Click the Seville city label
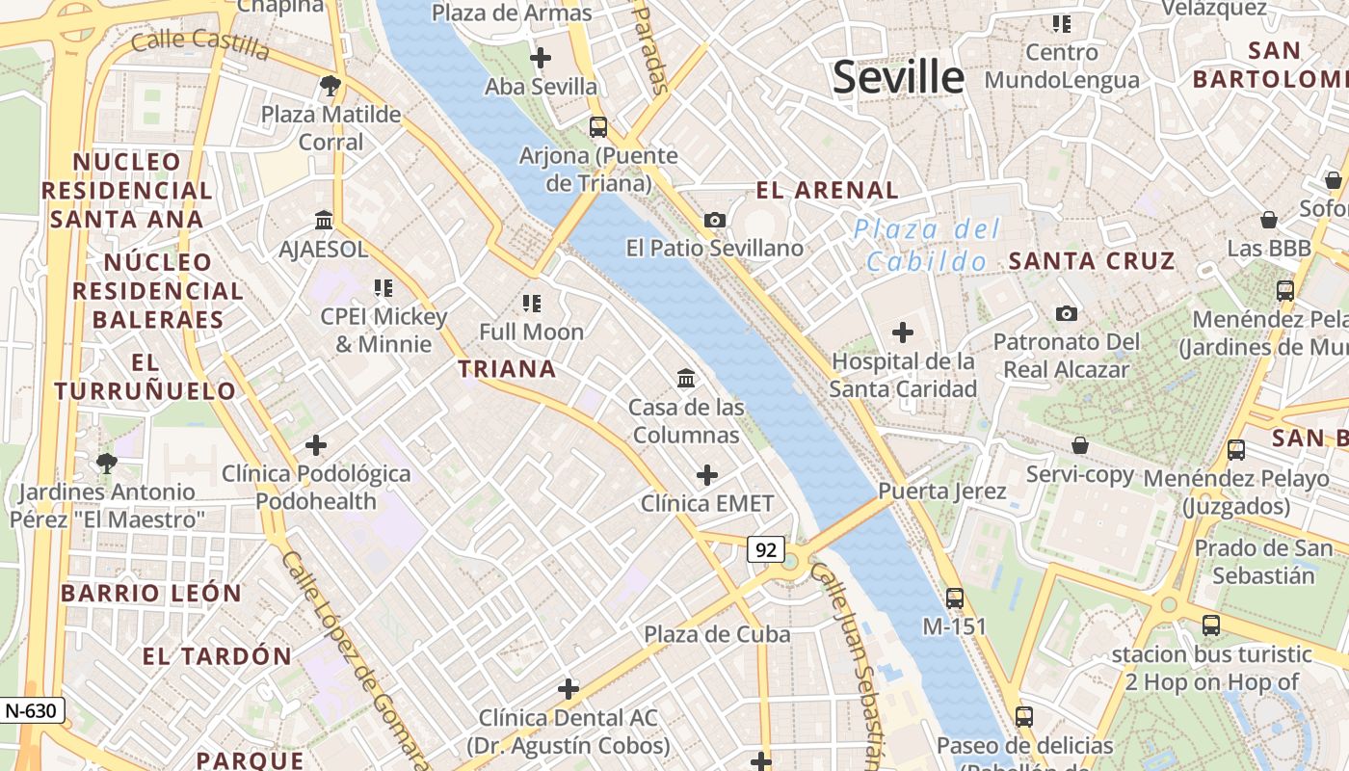[898, 77]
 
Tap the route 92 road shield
[765, 550]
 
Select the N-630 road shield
[33, 711]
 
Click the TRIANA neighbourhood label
[507, 368]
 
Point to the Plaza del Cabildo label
[926, 245]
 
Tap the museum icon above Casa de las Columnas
[686, 378]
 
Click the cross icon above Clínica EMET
[707, 474]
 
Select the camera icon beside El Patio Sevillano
[714, 220]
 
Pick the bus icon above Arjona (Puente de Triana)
[598, 126]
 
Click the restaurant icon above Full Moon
[531, 304]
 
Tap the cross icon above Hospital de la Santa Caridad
[903, 332]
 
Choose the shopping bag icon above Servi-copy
[1080, 445]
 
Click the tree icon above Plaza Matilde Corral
[331, 85]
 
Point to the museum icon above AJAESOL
[324, 221]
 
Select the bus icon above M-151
[955, 598]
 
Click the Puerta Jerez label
[941, 491]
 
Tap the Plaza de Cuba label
[717, 634]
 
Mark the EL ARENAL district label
[828, 190]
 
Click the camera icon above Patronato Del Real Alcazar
[1066, 313]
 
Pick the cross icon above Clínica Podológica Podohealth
[316, 445]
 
